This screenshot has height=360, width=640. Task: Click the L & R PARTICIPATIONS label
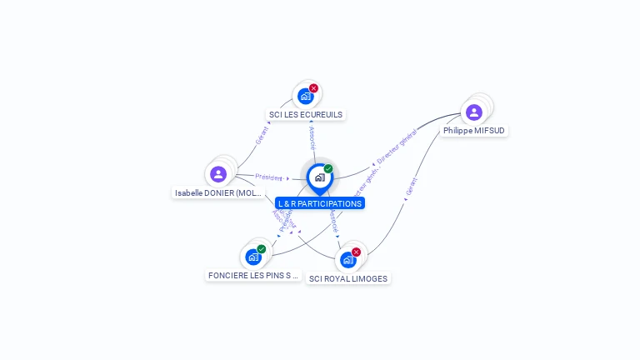(320, 203)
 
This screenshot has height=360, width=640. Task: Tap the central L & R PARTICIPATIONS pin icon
(319, 177)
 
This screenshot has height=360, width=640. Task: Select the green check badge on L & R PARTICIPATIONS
(328, 169)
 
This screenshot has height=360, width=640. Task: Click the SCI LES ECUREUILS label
(306, 114)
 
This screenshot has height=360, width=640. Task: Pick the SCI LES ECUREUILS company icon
(306, 97)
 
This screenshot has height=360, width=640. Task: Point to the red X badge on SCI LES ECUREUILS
(313, 88)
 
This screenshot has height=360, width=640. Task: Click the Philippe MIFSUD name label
(474, 130)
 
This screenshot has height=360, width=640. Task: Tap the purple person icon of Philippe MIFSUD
(474, 112)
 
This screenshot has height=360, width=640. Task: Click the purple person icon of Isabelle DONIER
(218, 174)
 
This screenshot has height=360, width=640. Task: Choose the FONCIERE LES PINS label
(253, 275)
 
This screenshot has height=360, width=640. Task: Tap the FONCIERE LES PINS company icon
(253, 257)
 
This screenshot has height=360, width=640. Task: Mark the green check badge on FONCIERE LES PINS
(262, 249)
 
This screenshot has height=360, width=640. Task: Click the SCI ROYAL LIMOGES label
(348, 278)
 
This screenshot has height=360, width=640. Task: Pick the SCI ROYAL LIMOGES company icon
(347, 259)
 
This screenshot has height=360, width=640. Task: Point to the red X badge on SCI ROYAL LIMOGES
(356, 252)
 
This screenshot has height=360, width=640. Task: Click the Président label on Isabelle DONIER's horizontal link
(269, 177)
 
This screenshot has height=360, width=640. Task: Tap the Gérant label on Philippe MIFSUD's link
(411, 187)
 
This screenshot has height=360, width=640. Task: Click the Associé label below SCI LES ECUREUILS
(312, 137)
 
